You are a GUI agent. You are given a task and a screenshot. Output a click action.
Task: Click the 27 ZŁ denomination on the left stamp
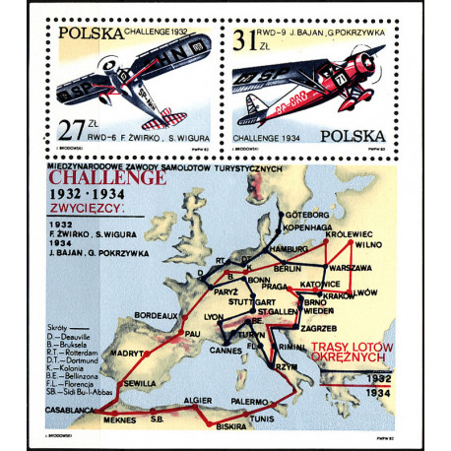point(68,127)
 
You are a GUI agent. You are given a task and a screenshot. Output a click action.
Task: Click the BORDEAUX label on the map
point(157,315)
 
